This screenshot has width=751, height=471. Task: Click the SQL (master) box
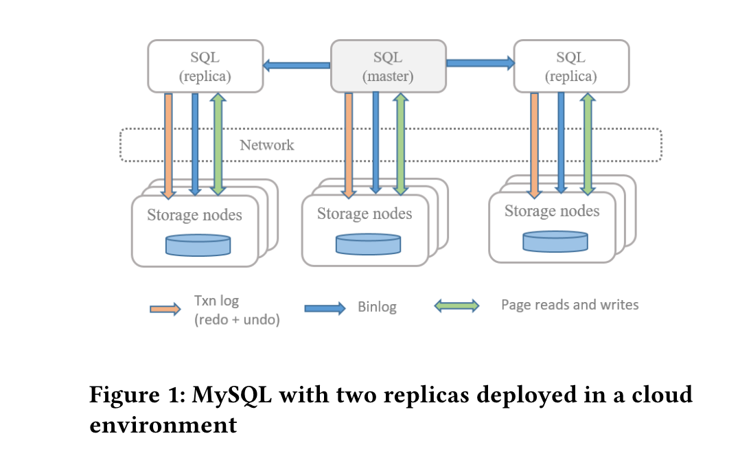(388, 66)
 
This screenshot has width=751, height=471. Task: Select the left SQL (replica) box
(205, 66)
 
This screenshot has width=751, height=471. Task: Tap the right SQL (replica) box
(571, 66)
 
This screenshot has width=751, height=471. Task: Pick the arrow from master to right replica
(480, 63)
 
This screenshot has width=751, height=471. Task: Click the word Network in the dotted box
(266, 145)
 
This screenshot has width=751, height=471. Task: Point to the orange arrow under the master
(349, 144)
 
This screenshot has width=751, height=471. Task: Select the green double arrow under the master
(401, 144)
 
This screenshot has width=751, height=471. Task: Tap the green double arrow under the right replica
(588, 144)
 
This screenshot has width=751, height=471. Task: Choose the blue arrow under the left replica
(195, 144)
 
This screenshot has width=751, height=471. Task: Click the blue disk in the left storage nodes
(198, 244)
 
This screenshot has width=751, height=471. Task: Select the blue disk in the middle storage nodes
(368, 244)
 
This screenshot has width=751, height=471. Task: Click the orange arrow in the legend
(165, 309)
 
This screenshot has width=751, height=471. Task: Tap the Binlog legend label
(377, 307)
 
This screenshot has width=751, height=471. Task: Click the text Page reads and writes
(570, 305)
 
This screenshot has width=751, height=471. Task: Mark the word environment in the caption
(163, 424)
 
